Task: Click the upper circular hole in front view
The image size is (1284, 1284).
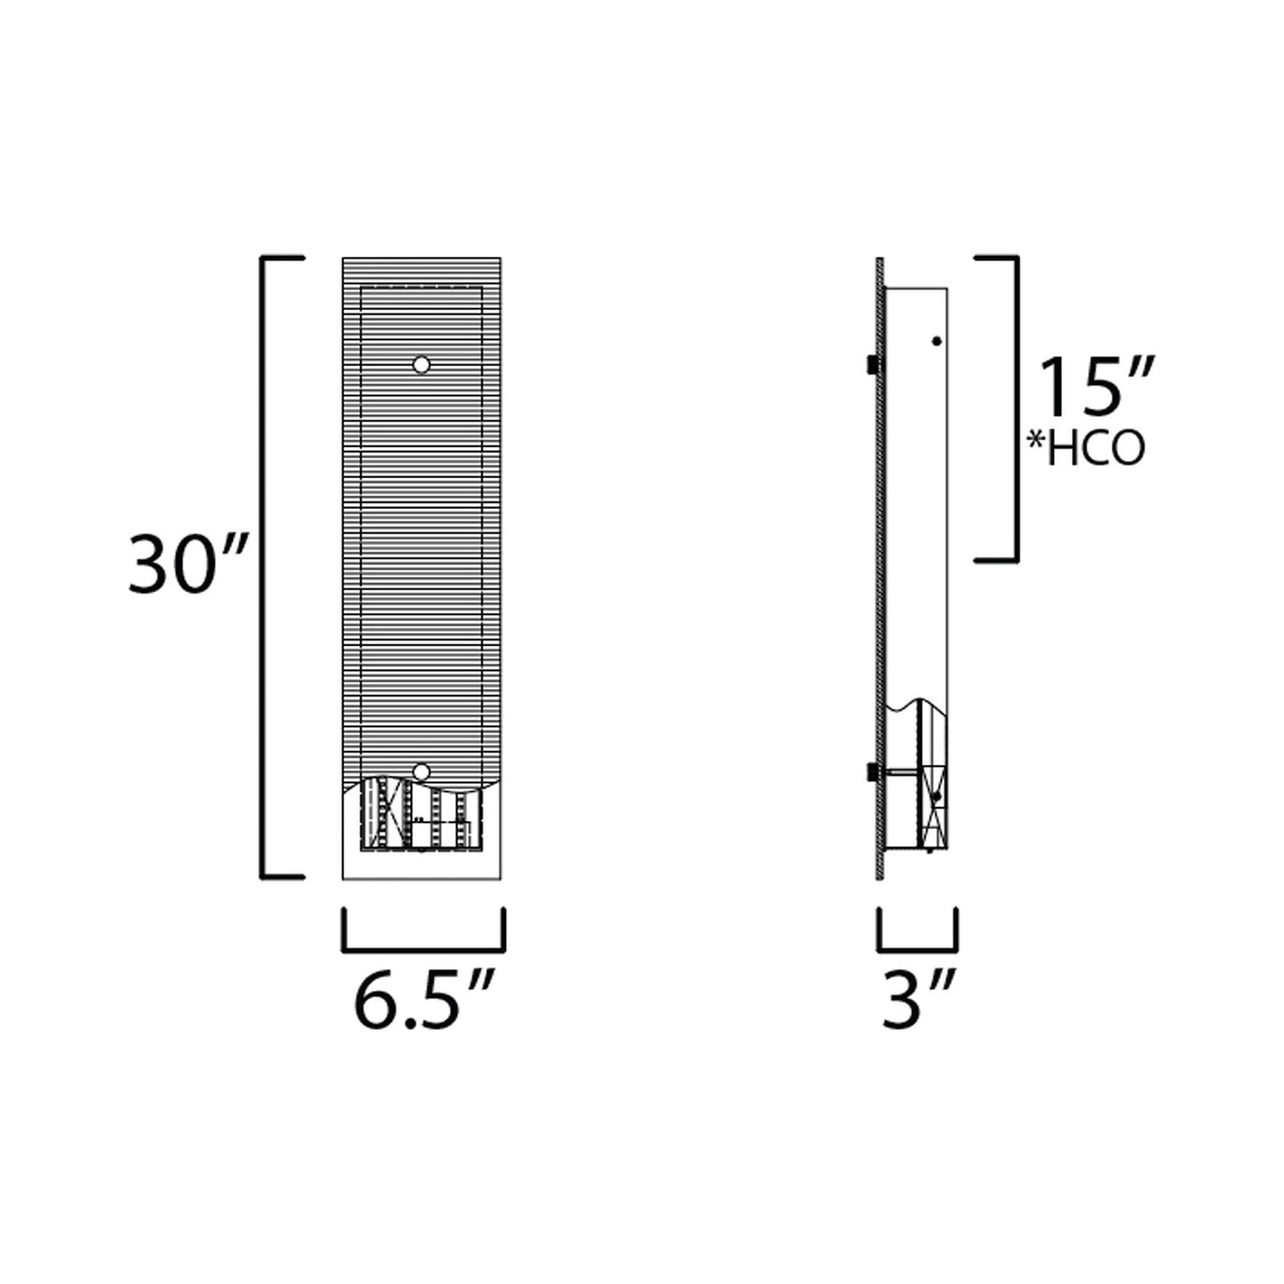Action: click(421, 364)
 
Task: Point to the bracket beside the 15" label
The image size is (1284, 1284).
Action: click(1013, 409)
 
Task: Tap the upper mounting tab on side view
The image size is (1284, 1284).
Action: click(872, 364)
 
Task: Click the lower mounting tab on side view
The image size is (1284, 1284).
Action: click(872, 773)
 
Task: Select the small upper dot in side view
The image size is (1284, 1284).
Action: click(936, 340)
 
